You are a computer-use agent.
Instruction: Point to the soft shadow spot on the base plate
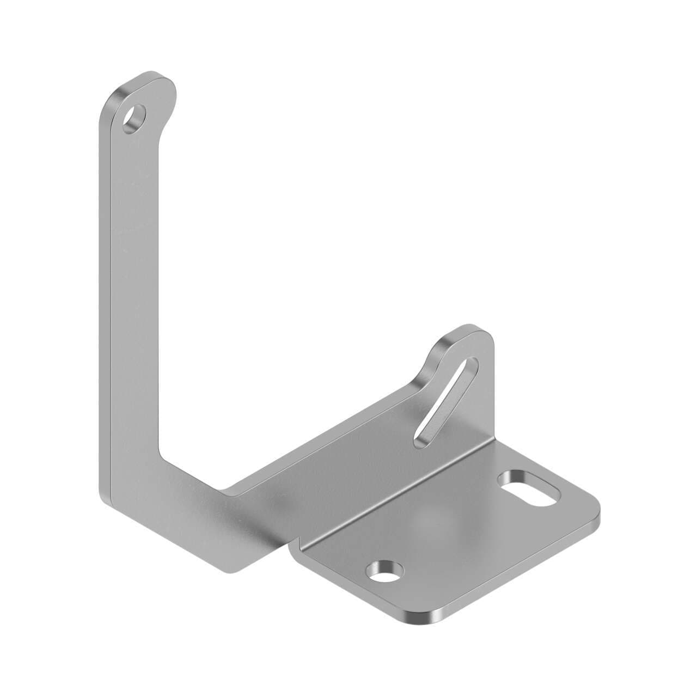click(433, 520)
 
